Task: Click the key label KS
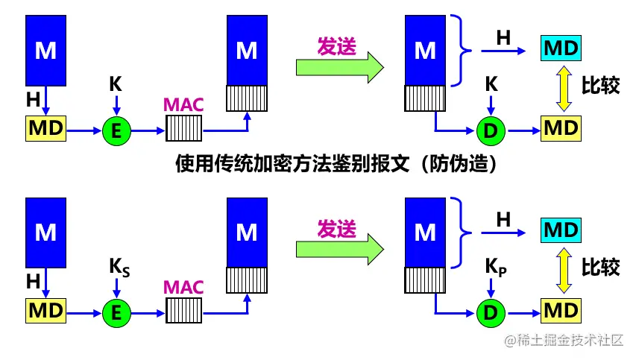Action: (119, 266)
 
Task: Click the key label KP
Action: (495, 266)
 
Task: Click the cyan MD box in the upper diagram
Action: (561, 48)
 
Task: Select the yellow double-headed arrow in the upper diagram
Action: (561, 87)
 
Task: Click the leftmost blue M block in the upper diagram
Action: (46, 51)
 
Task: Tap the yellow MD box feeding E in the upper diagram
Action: (46, 130)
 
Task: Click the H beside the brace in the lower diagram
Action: (504, 219)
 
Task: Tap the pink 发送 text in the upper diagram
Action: (337, 45)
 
